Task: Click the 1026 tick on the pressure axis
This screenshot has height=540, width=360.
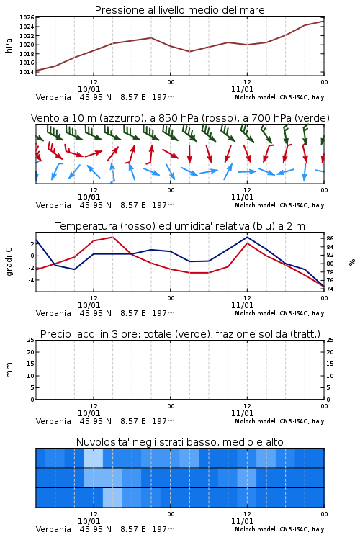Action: click(x=26, y=17)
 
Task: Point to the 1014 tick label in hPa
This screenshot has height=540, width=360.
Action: click(x=26, y=72)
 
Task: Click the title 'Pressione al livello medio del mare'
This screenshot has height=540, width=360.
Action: click(x=179, y=10)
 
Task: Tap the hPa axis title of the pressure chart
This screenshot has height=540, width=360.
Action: click(x=9, y=45)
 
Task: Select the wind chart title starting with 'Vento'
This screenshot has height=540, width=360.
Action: click(x=180, y=118)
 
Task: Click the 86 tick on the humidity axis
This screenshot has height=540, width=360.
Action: click(x=330, y=238)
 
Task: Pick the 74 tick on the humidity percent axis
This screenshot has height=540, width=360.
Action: click(x=330, y=289)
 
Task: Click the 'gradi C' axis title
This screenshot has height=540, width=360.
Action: click(x=9, y=261)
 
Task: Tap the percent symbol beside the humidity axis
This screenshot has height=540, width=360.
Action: click(x=352, y=262)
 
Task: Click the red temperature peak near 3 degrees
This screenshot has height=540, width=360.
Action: click(x=112, y=237)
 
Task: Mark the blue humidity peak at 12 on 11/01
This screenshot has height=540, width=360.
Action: click(x=247, y=237)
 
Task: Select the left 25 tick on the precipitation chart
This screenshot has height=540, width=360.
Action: click(x=31, y=340)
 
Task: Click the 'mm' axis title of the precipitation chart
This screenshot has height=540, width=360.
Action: click(x=9, y=369)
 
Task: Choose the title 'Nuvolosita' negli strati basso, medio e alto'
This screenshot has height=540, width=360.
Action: click(x=179, y=442)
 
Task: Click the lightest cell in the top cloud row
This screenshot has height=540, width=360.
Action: click(x=93, y=458)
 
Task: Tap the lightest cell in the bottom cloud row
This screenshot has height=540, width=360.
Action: click(x=112, y=498)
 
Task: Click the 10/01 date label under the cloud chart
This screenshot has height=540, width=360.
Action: click(x=89, y=521)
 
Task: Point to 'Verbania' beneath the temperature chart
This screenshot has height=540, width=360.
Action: click(x=53, y=313)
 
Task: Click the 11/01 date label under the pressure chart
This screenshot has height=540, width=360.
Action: click(x=242, y=89)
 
